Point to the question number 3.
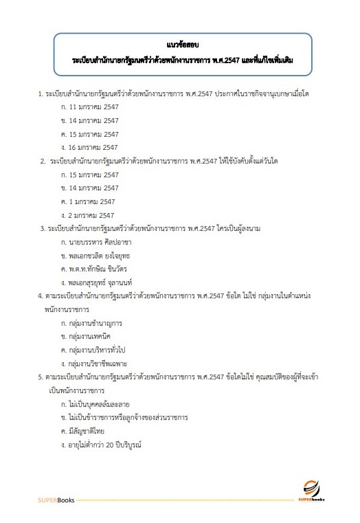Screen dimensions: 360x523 (43, 227)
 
